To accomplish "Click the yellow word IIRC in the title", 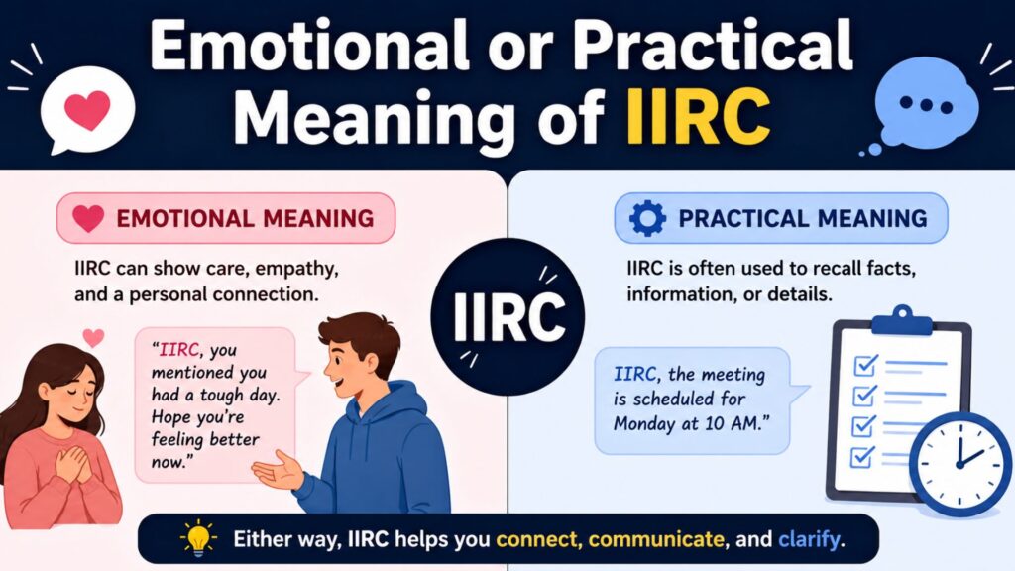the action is click(699, 117).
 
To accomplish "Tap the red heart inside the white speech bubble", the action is click(87, 109).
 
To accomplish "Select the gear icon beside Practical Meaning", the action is click(647, 218).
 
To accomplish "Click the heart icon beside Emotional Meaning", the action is click(88, 218).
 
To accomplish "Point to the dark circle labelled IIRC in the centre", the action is click(507, 316).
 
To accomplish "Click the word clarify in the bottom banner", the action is click(809, 538).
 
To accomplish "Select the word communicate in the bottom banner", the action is click(656, 538).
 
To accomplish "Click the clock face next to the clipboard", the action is click(959, 464).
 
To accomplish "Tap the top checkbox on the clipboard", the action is click(865, 365).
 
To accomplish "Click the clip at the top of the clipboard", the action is click(901, 321).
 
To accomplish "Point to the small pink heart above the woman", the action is click(94, 337).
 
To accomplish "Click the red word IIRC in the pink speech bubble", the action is click(178, 350).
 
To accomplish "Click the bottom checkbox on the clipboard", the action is click(863, 456).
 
